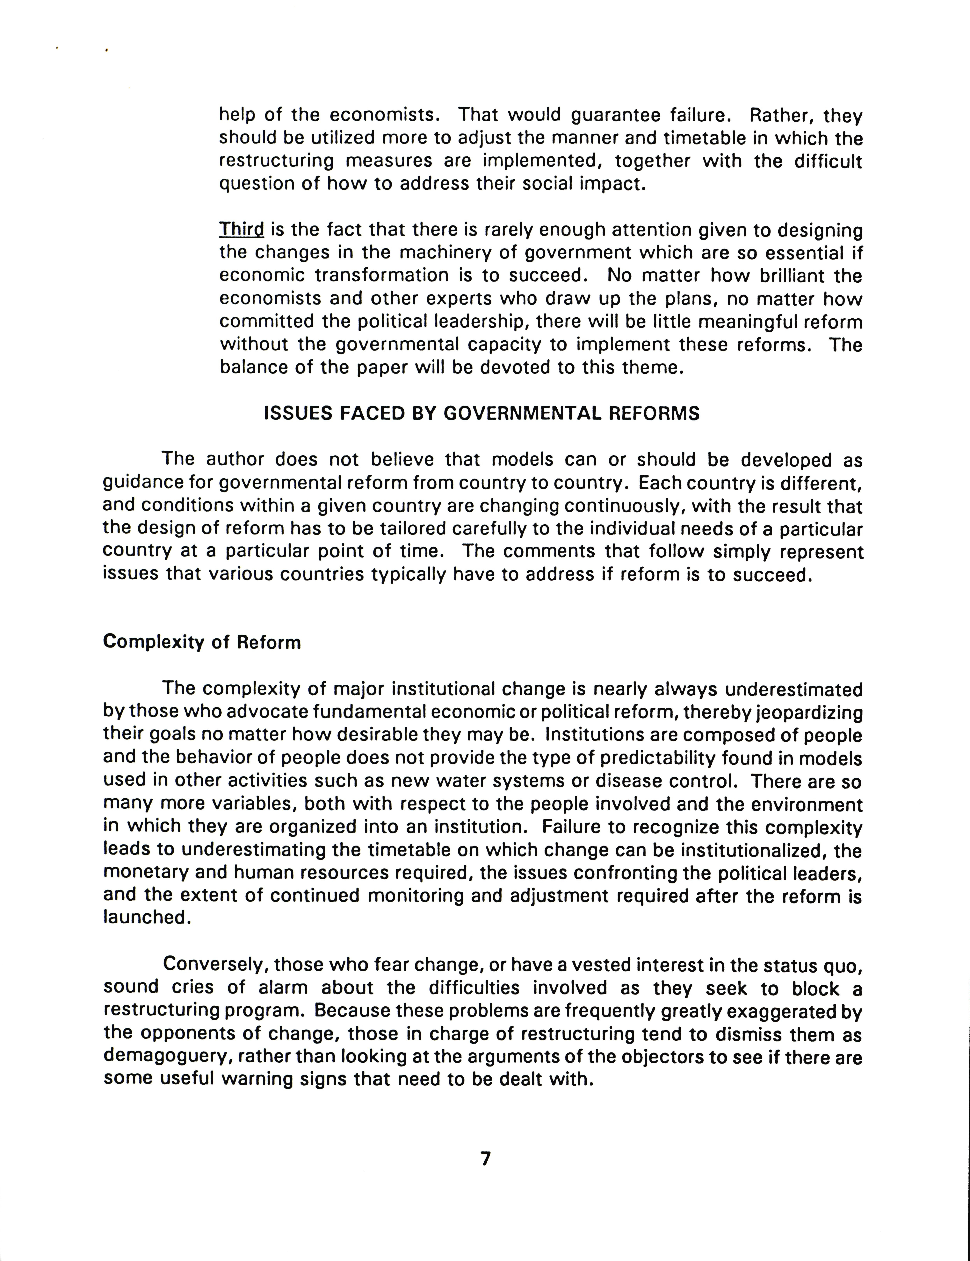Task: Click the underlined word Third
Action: pos(241,230)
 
